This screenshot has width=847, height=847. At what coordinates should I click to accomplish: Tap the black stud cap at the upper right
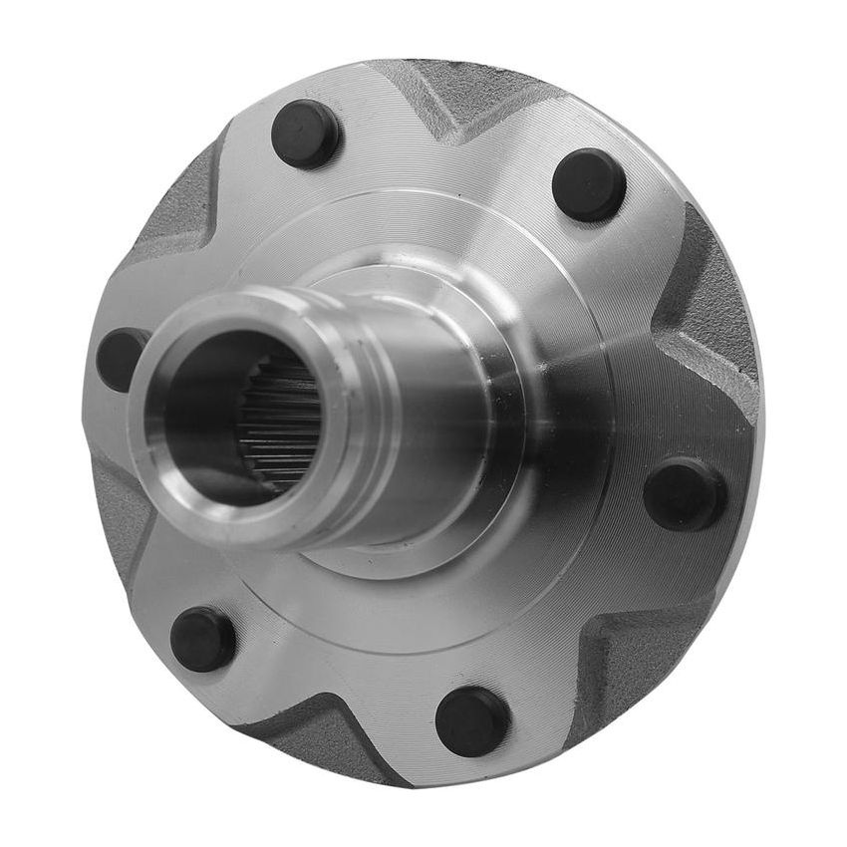pos(589,184)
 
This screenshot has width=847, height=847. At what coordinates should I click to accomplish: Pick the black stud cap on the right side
pos(685,494)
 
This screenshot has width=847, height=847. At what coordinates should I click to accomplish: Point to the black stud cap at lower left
pos(203,639)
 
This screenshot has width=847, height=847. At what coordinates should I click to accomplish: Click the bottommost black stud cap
pos(472,719)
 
